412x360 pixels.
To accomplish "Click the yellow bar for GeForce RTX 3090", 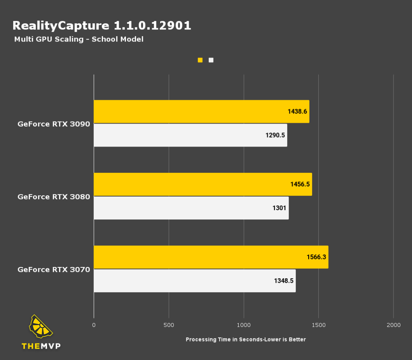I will [x=201, y=112].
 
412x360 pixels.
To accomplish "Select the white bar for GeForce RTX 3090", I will [x=190, y=135].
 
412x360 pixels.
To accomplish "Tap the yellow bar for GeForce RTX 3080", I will [x=203, y=184].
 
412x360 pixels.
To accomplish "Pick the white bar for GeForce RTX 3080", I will [x=191, y=208].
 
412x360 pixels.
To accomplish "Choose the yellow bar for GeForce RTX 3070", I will [x=211, y=257].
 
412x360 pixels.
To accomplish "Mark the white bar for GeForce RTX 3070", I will [x=195, y=281].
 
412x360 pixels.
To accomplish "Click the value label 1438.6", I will [x=298, y=112].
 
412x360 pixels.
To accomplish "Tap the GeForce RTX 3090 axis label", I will [x=54, y=124].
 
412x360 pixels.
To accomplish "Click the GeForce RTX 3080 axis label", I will [x=54, y=197].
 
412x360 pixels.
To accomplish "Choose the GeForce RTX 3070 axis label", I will [x=54, y=269].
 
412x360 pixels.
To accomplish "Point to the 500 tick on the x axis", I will [x=169, y=325].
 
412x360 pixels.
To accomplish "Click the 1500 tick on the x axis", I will [x=318, y=325].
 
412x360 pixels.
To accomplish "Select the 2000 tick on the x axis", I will [x=393, y=325].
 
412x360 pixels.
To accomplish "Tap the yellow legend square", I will [x=200, y=60].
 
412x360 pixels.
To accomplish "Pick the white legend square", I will [x=211, y=60].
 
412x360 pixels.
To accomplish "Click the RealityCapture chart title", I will [x=102, y=26].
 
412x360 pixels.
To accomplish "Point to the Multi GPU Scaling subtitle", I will [x=79, y=39].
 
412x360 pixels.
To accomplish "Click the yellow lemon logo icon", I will [x=41, y=327].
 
